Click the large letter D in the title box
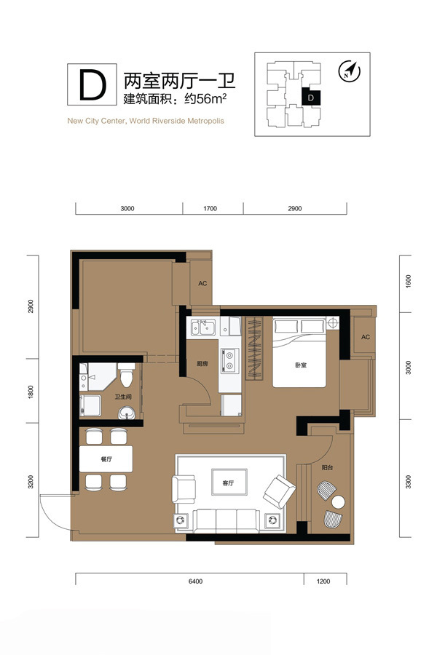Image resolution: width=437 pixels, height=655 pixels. pos(92,85)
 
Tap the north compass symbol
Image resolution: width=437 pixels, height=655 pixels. pos(349,71)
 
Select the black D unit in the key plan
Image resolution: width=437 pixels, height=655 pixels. pos(311,98)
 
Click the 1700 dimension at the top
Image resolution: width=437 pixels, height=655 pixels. pos(210,208)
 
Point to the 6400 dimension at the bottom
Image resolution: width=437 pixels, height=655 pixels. pos(195,581)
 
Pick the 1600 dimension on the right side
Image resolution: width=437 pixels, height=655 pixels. pos(408,281)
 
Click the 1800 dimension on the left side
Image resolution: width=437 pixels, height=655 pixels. pos(31,392)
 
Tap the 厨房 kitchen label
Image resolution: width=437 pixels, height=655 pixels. pos(202,364)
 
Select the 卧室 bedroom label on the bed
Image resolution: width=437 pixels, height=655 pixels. pos(301,365)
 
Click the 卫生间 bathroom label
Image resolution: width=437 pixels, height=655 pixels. pos(123,397)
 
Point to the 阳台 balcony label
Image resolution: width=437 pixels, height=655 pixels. pos(328,467)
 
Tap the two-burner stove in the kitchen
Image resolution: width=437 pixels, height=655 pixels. pos(229,360)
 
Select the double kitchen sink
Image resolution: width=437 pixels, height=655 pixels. pos(203,327)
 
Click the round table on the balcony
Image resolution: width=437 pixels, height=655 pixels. pos(338,502)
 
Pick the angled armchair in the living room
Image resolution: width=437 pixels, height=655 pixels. pos(279,492)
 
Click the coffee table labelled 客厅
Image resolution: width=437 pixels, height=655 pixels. pos(229,483)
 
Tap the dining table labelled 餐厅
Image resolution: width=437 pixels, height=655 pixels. pos(106,459)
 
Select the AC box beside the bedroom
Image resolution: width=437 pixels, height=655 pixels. pos(365,337)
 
